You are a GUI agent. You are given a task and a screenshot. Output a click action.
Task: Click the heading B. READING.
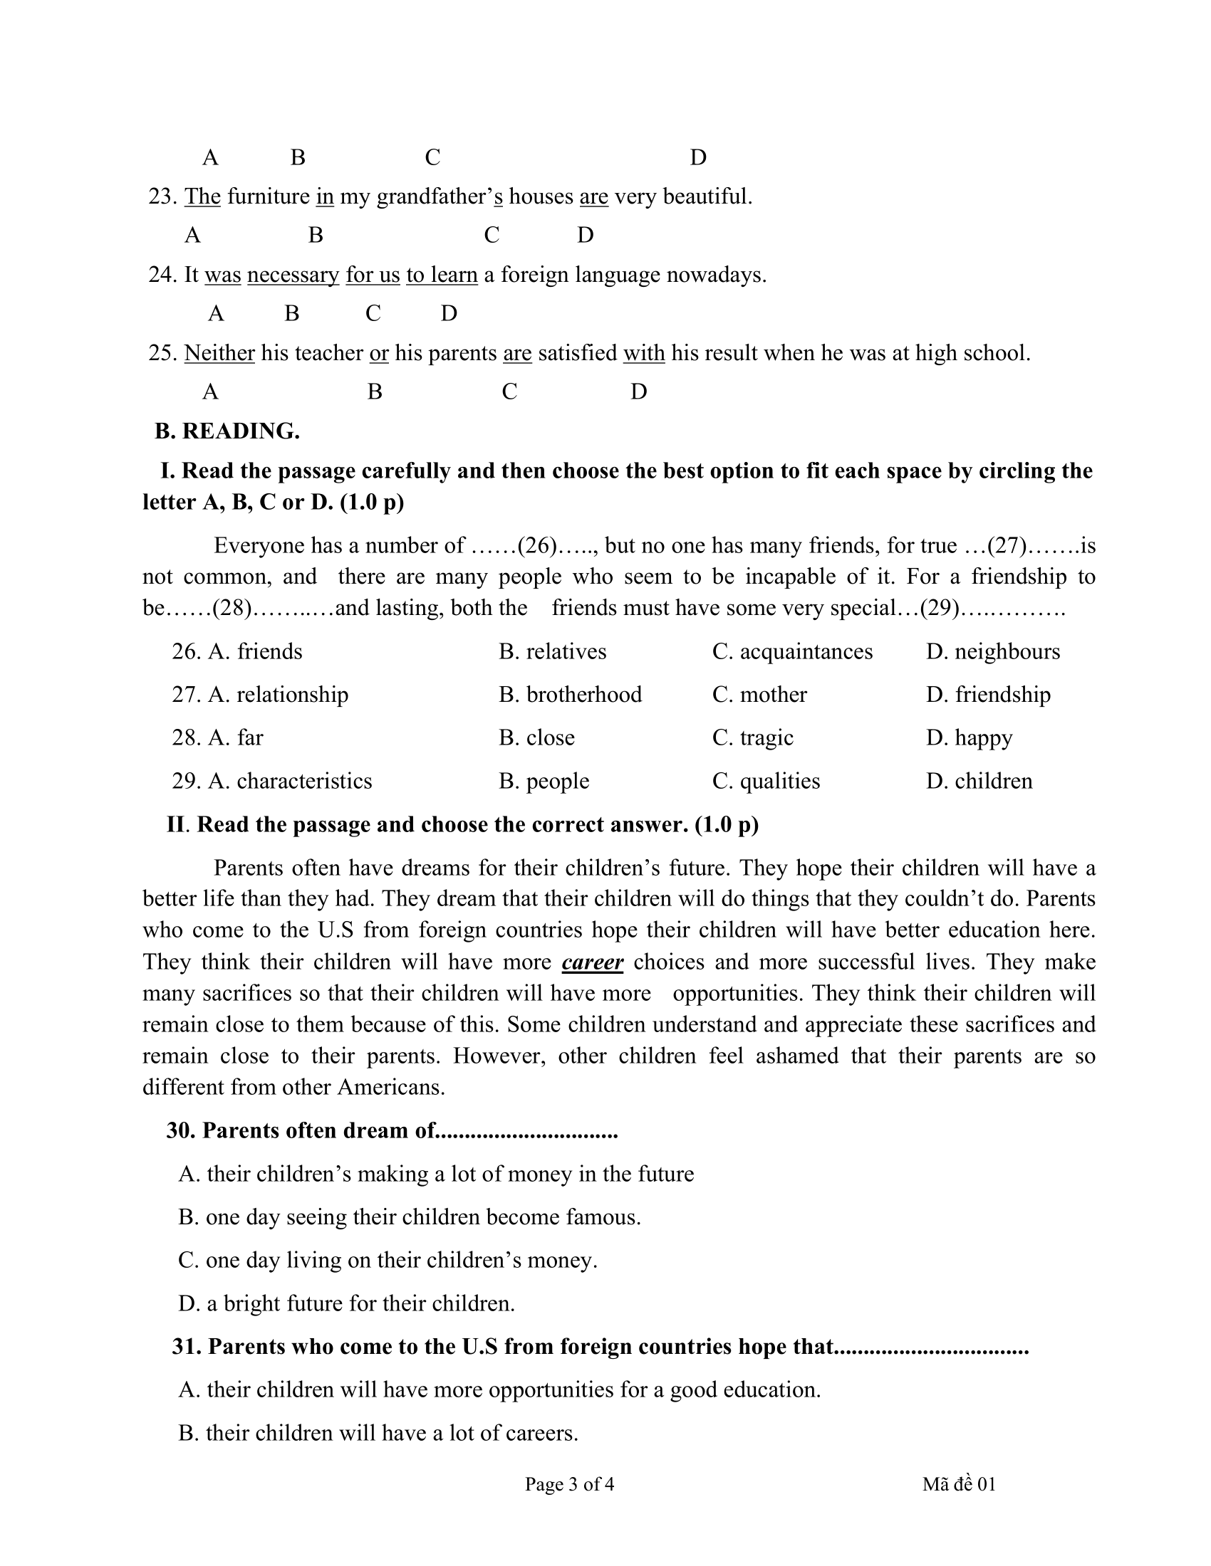[x=227, y=431]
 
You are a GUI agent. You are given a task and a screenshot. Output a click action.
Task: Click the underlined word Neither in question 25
[x=219, y=354]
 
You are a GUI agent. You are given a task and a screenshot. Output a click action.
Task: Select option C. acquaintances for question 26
[x=792, y=652]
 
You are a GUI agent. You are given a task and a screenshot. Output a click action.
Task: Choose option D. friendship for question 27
[x=988, y=695]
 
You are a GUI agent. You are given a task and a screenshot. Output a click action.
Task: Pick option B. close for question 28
[x=536, y=738]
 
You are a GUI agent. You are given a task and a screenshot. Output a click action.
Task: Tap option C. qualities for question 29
[x=766, y=781]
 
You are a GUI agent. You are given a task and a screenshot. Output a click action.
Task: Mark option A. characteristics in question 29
[x=290, y=781]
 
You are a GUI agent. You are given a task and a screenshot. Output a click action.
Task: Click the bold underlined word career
[x=593, y=962]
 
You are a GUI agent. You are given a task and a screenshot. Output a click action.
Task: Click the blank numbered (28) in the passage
[x=232, y=608]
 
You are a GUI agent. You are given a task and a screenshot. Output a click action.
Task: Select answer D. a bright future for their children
[x=346, y=1303]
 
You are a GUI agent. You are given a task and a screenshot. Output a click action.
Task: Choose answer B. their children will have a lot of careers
[x=378, y=1433]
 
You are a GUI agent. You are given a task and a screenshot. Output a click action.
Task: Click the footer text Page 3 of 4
[x=570, y=1484]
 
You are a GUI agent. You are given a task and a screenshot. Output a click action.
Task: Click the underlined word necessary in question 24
[x=293, y=275]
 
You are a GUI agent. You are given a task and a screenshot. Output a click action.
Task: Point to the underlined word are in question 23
[x=593, y=197]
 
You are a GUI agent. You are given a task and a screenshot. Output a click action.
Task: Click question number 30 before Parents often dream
[x=182, y=1131]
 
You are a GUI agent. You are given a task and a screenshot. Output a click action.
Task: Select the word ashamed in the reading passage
[x=796, y=1056]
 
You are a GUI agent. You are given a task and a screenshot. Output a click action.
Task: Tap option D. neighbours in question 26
[x=993, y=652]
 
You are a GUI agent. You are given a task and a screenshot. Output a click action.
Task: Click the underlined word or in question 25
[x=379, y=354]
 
